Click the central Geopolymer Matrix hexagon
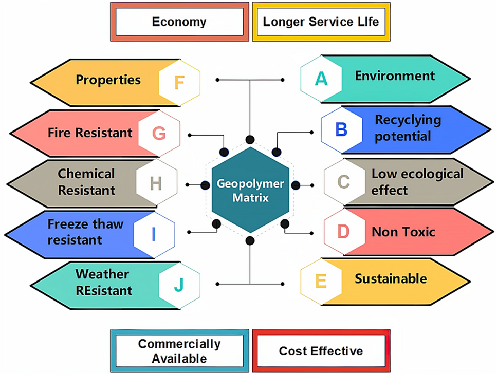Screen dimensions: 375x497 click(250, 190)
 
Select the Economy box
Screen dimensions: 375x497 click(179, 22)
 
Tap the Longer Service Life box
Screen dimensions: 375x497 click(321, 22)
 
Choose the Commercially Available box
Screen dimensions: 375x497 click(179, 350)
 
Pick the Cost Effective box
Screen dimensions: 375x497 click(321, 351)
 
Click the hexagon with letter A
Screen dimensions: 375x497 click(321, 78)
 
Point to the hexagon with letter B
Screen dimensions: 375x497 click(341, 129)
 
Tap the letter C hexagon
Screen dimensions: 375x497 click(344, 181)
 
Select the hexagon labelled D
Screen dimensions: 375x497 click(343, 231)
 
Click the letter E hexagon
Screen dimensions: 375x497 click(321, 281)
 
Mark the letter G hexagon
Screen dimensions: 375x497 click(159, 134)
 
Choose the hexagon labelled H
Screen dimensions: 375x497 click(157, 182)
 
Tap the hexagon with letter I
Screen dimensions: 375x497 click(153, 234)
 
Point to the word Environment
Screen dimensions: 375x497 click(395, 76)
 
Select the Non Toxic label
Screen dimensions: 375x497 click(403, 232)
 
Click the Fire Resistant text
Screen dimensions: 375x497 click(90, 133)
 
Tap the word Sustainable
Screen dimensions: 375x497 click(391, 278)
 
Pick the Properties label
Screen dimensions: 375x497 click(108, 80)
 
